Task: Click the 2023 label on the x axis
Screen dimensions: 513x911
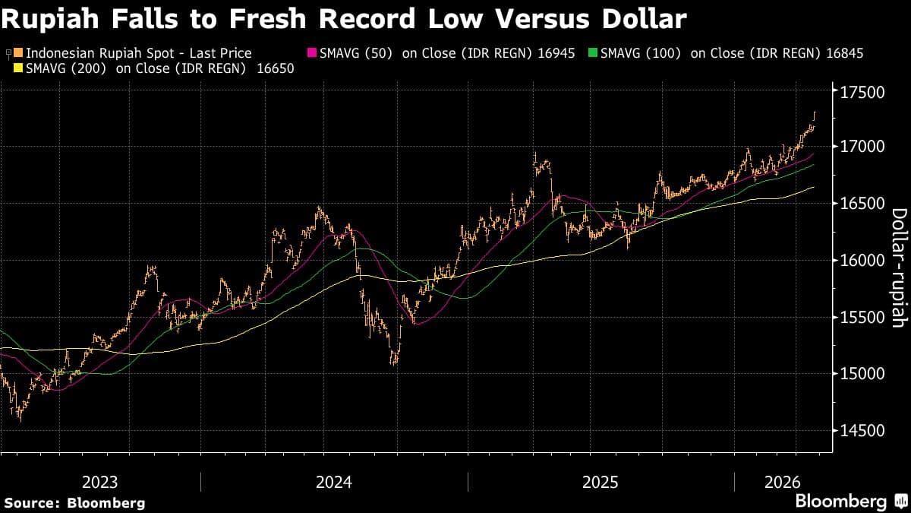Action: click(100, 482)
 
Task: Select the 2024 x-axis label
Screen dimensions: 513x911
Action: click(334, 482)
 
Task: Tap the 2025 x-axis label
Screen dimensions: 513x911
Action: click(601, 482)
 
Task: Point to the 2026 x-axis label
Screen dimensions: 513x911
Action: click(783, 482)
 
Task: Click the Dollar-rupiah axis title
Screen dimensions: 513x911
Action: click(898, 268)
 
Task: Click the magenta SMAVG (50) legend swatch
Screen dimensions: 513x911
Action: click(310, 53)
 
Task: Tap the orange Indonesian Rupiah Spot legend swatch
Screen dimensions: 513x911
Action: click(20, 53)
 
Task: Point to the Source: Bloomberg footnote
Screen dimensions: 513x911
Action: click(74, 502)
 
